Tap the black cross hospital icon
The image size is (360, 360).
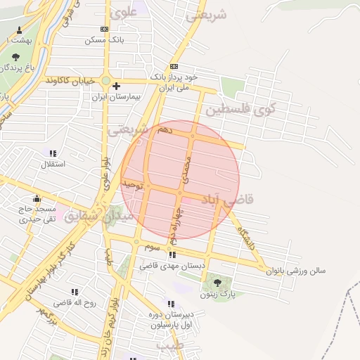[117, 86]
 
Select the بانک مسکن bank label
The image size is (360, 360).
[104, 40]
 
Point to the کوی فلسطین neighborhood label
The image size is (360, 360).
[240, 109]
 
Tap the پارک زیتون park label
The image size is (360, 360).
[217, 295]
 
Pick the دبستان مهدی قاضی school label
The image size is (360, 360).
[172, 266]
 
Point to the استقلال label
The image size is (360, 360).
[51, 164]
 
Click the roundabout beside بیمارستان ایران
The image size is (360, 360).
[106, 81]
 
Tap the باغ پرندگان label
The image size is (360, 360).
[17, 68]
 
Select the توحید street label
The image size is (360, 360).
[132, 185]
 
